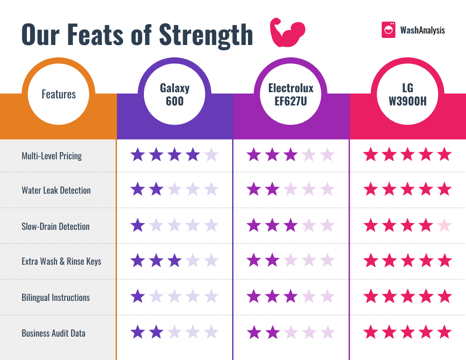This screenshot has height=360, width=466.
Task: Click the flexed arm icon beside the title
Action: tap(287, 33)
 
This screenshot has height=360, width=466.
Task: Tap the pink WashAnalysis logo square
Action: tap(388, 30)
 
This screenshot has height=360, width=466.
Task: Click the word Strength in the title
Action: tap(206, 34)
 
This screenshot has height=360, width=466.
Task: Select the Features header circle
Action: tap(59, 94)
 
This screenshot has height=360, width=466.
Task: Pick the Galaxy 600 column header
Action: tap(175, 94)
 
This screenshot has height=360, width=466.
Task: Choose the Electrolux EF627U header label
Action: tap(291, 94)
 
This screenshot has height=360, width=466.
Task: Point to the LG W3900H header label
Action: tap(407, 94)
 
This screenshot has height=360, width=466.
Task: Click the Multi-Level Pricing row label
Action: tap(52, 156)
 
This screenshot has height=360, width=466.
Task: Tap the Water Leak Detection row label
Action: tap(56, 191)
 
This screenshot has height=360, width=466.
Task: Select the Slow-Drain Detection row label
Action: tap(56, 226)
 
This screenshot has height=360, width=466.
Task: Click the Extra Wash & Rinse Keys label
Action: tap(61, 261)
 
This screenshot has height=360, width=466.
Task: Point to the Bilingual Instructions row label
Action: tap(56, 297)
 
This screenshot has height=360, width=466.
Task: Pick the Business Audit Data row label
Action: tap(53, 333)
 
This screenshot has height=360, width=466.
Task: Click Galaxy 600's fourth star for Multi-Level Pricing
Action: tap(193, 155)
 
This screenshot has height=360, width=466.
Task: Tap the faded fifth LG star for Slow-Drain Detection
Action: tap(444, 226)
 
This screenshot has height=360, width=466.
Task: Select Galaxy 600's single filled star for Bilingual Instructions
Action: tap(138, 296)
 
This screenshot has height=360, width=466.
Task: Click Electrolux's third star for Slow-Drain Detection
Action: tap(290, 226)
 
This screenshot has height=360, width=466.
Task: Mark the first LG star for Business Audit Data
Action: tap(370, 332)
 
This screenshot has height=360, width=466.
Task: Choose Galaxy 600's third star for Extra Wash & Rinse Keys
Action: tap(175, 261)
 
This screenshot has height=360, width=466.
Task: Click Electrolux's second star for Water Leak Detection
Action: tap(272, 190)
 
